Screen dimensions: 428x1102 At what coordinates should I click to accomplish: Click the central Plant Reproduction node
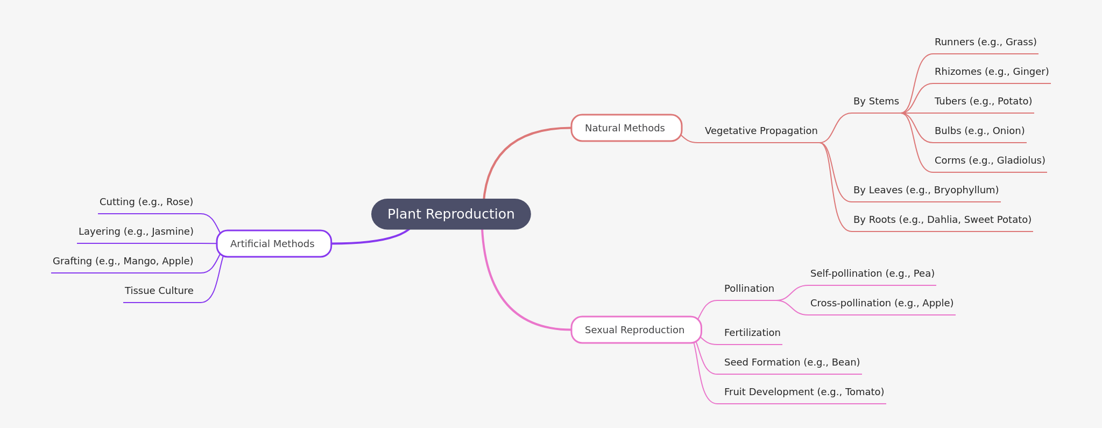point(451,214)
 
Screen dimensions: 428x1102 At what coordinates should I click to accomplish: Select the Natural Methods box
point(626,128)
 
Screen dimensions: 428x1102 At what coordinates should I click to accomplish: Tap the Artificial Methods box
point(273,244)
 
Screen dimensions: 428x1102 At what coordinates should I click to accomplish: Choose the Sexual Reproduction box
point(635,330)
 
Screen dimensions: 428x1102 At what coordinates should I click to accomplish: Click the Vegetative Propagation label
point(761,131)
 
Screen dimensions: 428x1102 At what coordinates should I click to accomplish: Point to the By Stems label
point(875,101)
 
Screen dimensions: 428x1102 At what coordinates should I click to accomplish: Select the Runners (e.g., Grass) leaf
point(985,42)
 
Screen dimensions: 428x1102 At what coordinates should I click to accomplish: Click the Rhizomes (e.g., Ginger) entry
point(991,72)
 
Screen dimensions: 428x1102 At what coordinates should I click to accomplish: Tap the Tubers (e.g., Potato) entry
point(983,101)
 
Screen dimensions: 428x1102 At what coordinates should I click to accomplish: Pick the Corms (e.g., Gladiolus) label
point(989,160)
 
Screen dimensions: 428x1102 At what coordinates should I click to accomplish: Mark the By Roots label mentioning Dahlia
point(942,220)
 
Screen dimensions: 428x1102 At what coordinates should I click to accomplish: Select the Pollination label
point(748,289)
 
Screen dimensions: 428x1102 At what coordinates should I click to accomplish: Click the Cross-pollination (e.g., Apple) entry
point(881,303)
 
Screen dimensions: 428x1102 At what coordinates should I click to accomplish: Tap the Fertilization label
point(752,333)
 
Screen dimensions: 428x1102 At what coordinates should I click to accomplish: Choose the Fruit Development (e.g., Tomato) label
point(803,392)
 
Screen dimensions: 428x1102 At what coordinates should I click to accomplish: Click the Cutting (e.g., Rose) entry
point(146,202)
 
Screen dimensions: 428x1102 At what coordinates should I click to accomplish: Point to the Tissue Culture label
point(159,291)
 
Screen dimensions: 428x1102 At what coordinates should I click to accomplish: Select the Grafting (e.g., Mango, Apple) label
point(123,261)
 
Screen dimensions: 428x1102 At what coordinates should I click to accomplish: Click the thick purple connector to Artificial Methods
point(371,241)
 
